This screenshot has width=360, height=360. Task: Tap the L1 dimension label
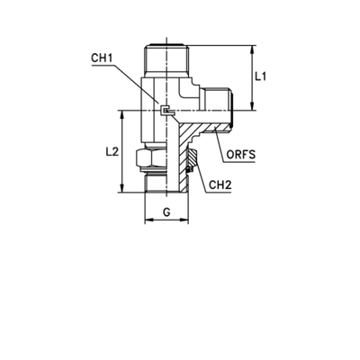point(258,78)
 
